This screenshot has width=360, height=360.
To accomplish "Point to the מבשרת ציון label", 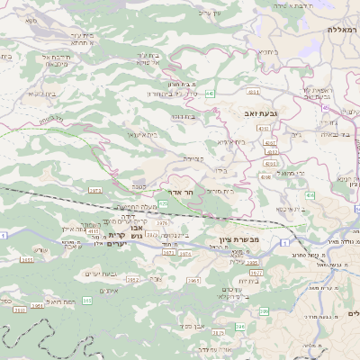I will (x=239, y=238).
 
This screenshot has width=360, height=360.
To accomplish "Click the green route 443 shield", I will (x=210, y=93).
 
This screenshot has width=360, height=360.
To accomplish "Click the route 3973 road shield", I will (x=94, y=190).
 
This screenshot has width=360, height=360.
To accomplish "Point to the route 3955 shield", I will (x=27, y=259).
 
